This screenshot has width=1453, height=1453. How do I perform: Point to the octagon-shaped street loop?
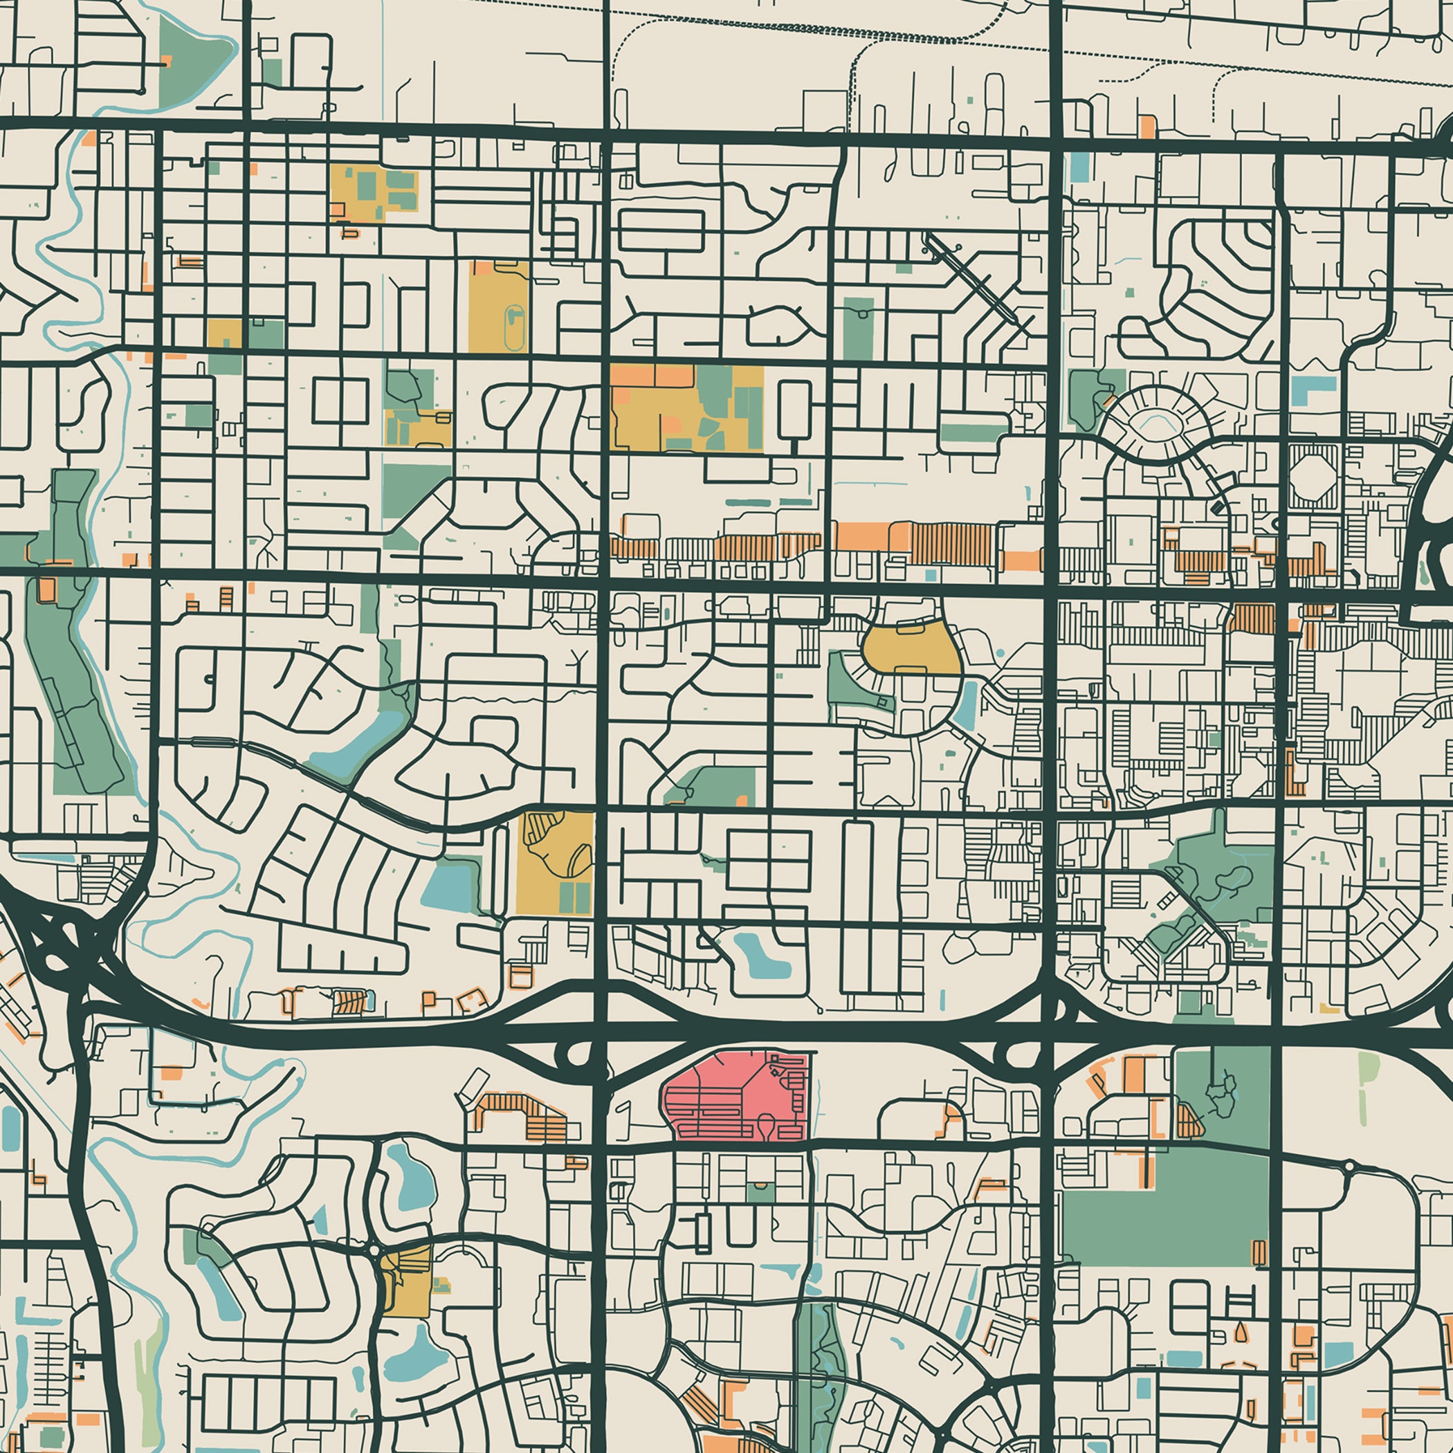[x=1314, y=476]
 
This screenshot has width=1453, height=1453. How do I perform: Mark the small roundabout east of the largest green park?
[x=1349, y=1167]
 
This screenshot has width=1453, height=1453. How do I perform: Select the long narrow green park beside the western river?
[x=75, y=677]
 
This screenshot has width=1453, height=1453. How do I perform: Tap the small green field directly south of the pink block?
[x=759, y=1192]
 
